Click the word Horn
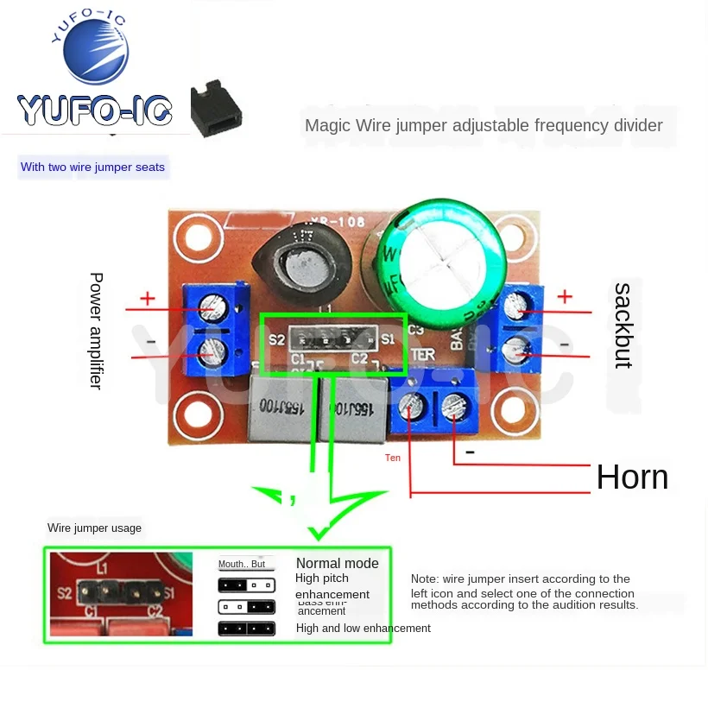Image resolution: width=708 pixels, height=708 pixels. pos(632,477)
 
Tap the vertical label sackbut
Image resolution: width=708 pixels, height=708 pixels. pos(622,326)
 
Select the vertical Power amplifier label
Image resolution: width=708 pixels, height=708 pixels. pos(96,331)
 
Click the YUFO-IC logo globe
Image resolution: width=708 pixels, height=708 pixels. pos(96,52)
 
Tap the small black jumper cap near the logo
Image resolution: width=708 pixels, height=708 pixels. pos(215,110)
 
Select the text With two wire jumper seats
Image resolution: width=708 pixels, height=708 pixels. pos(92,167)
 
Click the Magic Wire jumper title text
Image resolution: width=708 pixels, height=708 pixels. pos(484,125)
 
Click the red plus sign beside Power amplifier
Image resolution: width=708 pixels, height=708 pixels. pos(148,299)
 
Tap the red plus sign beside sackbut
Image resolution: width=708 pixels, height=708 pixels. pos(565,296)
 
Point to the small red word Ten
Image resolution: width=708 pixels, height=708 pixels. pos(393,458)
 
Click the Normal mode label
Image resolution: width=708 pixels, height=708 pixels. pos(337,564)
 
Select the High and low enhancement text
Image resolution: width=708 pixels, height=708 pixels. pos(363,629)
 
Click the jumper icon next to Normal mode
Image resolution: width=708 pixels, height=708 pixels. pos(247,564)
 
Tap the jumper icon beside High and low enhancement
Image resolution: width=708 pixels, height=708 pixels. pos(247,629)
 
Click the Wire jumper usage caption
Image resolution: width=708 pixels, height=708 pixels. pos(94,528)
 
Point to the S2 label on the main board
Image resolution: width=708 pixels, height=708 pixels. pos(276,340)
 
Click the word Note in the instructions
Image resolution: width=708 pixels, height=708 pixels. pos(425,578)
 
